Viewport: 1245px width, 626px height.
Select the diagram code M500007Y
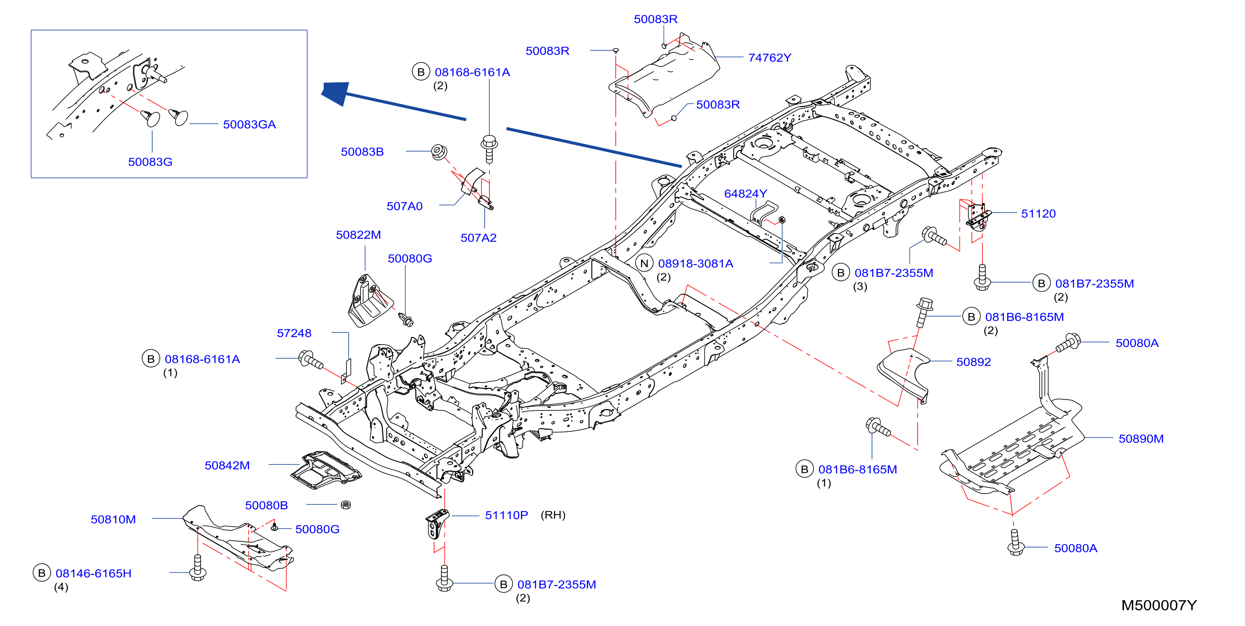(1159, 605)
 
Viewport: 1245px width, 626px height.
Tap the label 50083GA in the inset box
(250, 124)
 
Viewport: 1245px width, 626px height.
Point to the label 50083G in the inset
(150, 162)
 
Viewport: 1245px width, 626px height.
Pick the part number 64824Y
(745, 194)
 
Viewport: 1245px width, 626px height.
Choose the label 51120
(1038, 213)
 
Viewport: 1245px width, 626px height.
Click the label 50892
(974, 362)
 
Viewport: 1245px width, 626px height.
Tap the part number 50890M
(1140, 438)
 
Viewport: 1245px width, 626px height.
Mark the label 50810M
(113, 519)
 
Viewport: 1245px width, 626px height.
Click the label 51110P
(506, 515)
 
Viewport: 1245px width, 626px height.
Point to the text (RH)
(553, 515)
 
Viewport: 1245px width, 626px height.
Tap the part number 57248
(294, 333)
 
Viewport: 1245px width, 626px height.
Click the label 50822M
(358, 235)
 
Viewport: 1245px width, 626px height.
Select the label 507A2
(478, 237)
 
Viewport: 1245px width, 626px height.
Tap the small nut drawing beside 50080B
(346, 505)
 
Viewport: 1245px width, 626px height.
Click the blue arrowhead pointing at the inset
(335, 92)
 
